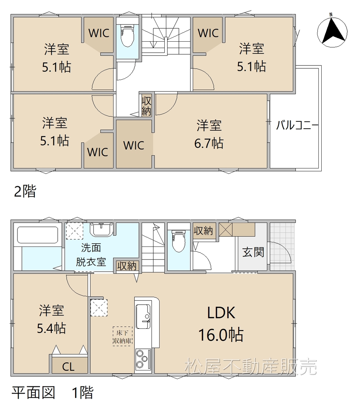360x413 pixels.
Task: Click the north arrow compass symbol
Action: tap(332, 32)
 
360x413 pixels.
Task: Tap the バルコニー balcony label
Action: tap(297, 126)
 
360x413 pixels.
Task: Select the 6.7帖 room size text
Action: tap(209, 143)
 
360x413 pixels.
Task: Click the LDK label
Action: tap(221, 313)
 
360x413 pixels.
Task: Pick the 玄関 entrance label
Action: tap(253, 252)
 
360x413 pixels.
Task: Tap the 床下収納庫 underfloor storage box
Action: tap(122, 337)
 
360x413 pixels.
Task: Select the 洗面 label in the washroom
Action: tap(91, 248)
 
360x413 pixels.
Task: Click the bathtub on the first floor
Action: tap(38, 235)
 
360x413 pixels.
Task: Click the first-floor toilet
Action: tap(179, 241)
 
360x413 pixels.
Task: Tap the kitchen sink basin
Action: tap(143, 316)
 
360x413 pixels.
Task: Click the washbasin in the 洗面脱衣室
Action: tap(102, 229)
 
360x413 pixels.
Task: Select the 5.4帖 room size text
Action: tap(51, 328)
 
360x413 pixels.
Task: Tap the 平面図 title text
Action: tap(33, 393)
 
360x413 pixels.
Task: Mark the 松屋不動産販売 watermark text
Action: tap(251, 367)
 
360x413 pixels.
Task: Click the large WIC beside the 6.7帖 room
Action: tap(134, 144)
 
